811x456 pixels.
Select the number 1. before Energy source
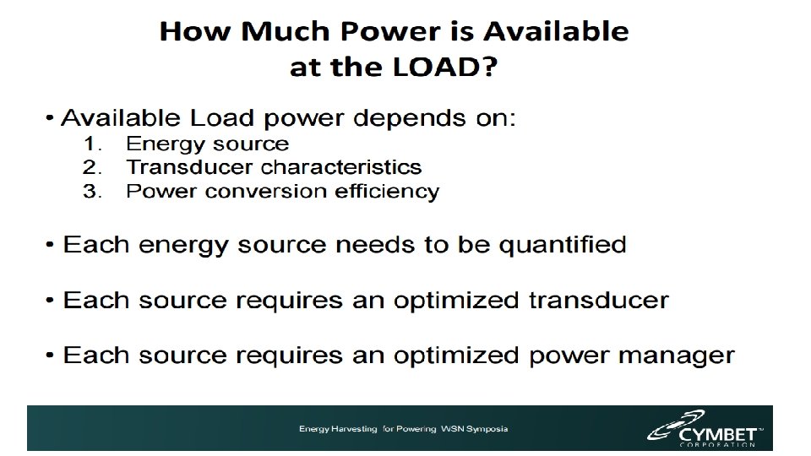[95, 144]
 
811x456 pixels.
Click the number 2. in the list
[95, 168]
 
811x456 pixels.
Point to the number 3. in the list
[95, 191]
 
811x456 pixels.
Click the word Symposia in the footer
[486, 430]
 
